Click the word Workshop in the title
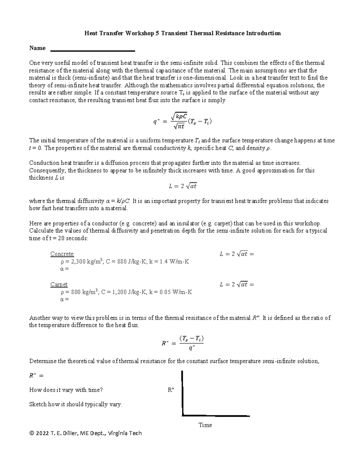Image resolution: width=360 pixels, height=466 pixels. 139,33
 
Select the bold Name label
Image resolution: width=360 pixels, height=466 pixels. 37,48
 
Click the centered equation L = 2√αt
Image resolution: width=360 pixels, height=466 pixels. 182,186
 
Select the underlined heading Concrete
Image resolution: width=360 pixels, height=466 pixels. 62,254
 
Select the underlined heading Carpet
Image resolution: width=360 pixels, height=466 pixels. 59,284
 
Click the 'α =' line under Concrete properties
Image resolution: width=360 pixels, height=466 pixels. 64,269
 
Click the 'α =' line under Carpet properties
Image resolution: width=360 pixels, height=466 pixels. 64,299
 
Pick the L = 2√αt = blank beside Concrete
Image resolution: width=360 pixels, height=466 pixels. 237,254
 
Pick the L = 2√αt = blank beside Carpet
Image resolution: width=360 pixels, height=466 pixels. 237,284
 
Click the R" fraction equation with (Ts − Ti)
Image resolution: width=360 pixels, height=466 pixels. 183,343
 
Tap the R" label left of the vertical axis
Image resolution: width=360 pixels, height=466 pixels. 171,390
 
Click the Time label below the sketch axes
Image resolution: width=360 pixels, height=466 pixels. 205,425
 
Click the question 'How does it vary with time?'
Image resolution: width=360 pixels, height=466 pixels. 66,390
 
